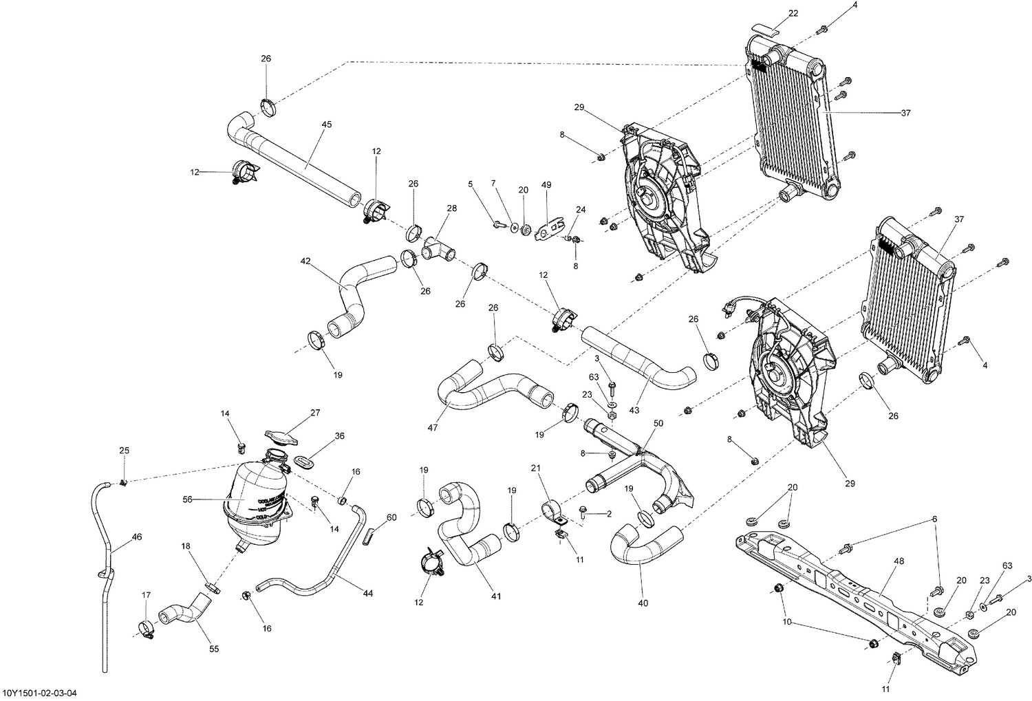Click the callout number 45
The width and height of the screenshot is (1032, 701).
pos(326,125)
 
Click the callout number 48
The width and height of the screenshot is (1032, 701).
pos(899,561)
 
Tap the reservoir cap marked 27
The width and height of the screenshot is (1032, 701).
pos(283,437)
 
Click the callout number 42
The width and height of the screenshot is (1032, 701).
pos(305,261)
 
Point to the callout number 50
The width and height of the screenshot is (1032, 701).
pos(658,423)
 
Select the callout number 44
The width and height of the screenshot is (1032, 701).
pos(367,593)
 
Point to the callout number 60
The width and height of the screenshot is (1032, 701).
pos(391,517)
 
